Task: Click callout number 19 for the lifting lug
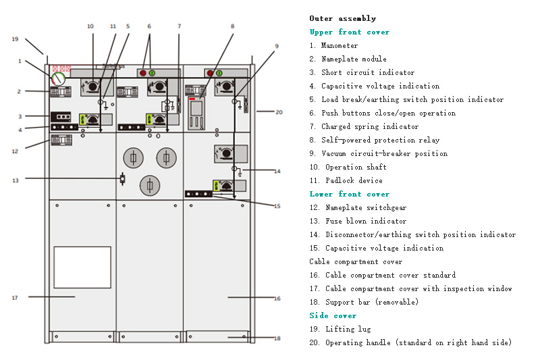(x=15, y=39)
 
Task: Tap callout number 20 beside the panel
(x=279, y=112)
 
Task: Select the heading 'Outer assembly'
(x=342, y=18)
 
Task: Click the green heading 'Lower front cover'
(x=349, y=194)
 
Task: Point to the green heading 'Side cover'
(x=333, y=315)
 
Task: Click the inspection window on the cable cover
(x=82, y=267)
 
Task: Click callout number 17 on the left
(x=15, y=297)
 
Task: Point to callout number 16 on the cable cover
(x=277, y=299)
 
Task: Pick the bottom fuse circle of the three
(x=150, y=185)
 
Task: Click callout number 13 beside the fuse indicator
(x=15, y=180)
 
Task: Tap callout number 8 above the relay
(x=232, y=26)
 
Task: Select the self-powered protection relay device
(x=196, y=113)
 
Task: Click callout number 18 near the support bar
(x=277, y=338)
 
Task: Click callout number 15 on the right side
(x=277, y=206)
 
